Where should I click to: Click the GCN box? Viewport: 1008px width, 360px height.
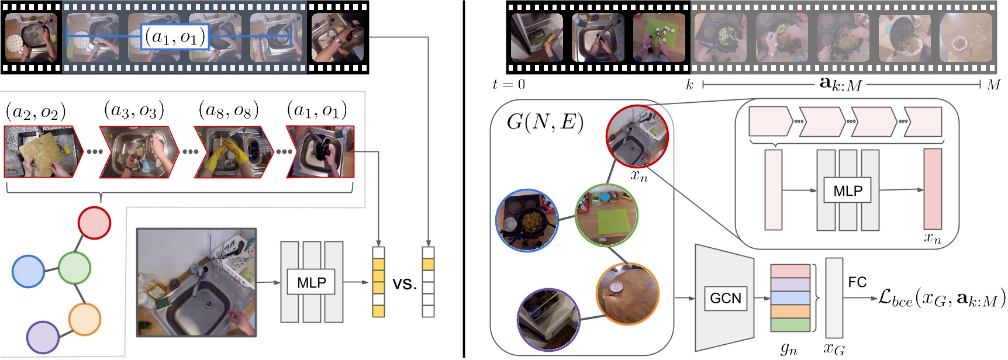pos(725,298)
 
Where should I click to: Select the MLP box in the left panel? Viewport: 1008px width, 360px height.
pos(311,282)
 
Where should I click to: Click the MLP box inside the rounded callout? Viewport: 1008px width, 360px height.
pos(848,191)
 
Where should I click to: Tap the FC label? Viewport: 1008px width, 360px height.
pos(857,282)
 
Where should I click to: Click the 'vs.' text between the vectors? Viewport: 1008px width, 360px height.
pos(405,285)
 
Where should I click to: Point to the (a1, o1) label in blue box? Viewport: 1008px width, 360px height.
pos(175,37)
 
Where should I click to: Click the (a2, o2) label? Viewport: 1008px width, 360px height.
pos(35,111)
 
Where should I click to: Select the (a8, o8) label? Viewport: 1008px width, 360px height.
pos(229,109)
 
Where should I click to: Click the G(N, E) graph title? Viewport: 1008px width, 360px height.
pos(545,122)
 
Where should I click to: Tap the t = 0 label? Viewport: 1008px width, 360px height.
pos(509,85)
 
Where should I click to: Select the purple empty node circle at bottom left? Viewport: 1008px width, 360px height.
pos(43,337)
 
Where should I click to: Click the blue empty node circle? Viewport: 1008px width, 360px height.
pos(28,271)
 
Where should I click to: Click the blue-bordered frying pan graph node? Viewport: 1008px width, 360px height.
pos(527,220)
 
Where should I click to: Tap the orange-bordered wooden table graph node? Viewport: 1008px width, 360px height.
pos(627,293)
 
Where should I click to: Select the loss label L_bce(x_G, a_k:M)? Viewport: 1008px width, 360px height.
pos(941,299)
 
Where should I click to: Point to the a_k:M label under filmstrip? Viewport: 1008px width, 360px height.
pos(841,85)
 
